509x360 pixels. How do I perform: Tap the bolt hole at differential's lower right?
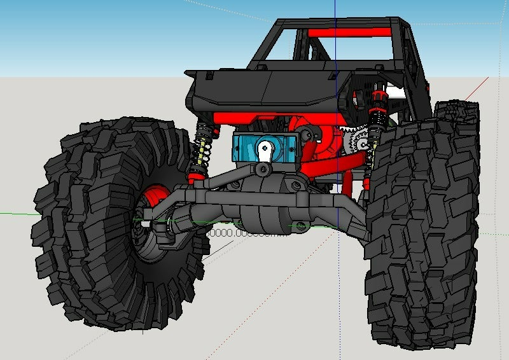297,225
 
